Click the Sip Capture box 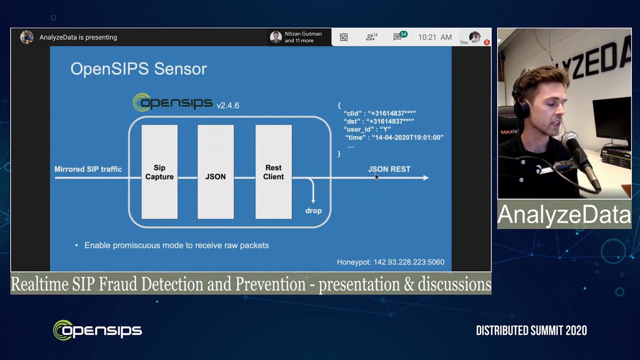[x=159, y=172]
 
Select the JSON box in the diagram [x=215, y=172]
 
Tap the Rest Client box [x=273, y=172]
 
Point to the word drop [x=313, y=210]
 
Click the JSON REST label [x=389, y=169]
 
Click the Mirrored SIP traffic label [x=88, y=169]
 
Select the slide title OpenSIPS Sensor [x=138, y=68]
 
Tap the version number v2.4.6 [x=227, y=105]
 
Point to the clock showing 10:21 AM [x=434, y=37]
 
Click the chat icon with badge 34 [x=398, y=37]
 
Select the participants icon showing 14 [x=371, y=37]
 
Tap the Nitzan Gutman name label [x=303, y=34]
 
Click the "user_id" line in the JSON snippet [x=367, y=129]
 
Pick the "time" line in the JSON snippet [x=394, y=137]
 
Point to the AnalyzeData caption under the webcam [x=564, y=214]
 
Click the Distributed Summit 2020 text [x=531, y=330]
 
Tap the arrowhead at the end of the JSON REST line [x=425, y=177]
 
